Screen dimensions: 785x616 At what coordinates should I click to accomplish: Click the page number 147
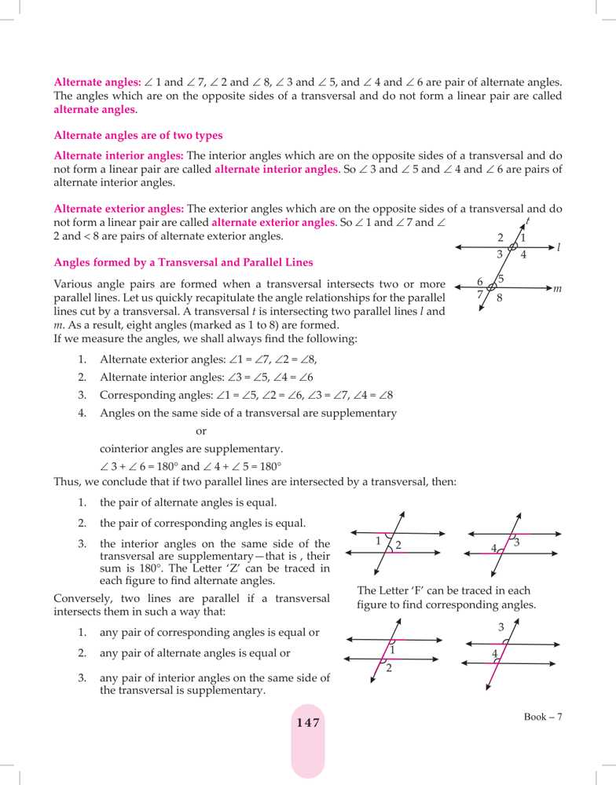(308, 723)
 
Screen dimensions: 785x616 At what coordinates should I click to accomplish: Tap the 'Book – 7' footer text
(544, 717)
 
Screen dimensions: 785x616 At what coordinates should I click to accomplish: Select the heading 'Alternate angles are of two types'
(138, 135)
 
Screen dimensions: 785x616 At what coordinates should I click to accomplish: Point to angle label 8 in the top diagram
(500, 298)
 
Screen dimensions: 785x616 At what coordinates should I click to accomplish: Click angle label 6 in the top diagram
(480, 282)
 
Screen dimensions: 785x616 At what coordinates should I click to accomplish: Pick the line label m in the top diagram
(557, 289)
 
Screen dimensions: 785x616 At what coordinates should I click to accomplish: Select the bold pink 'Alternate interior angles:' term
(118, 155)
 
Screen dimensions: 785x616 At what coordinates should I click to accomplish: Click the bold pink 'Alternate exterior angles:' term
(119, 209)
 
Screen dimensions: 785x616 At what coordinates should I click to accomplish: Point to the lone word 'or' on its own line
(200, 431)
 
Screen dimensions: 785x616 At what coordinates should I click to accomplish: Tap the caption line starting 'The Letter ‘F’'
(443, 590)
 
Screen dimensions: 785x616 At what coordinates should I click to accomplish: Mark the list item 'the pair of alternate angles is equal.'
(188, 502)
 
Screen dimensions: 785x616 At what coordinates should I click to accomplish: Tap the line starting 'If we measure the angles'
(205, 339)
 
